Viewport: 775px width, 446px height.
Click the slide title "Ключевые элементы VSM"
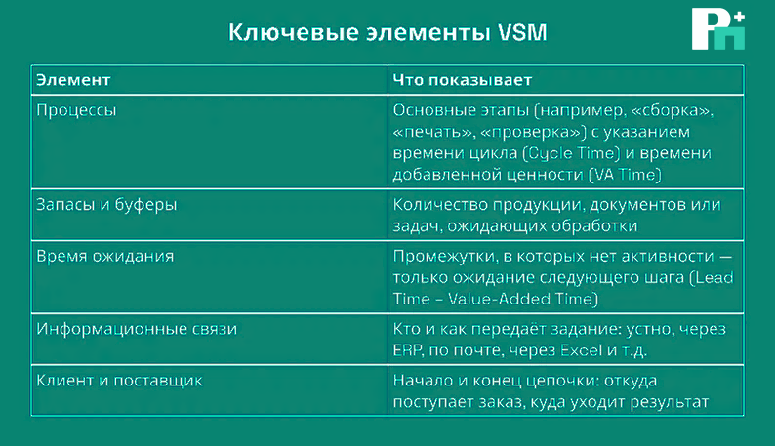(x=388, y=32)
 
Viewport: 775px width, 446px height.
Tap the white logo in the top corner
(x=718, y=28)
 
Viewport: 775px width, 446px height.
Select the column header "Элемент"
(x=73, y=80)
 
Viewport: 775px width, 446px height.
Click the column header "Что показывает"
(x=462, y=80)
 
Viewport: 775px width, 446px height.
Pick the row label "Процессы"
(x=76, y=110)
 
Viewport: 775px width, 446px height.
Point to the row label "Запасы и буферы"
(x=106, y=205)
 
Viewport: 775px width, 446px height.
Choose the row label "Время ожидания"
(x=104, y=256)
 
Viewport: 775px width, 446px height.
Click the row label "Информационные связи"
(x=137, y=329)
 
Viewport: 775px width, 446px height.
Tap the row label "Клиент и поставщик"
(x=119, y=381)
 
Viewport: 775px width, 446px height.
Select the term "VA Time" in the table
(x=625, y=175)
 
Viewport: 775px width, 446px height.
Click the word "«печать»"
(x=433, y=132)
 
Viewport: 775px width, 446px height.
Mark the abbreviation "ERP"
(x=407, y=350)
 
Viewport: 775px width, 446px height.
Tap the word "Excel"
(x=582, y=350)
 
